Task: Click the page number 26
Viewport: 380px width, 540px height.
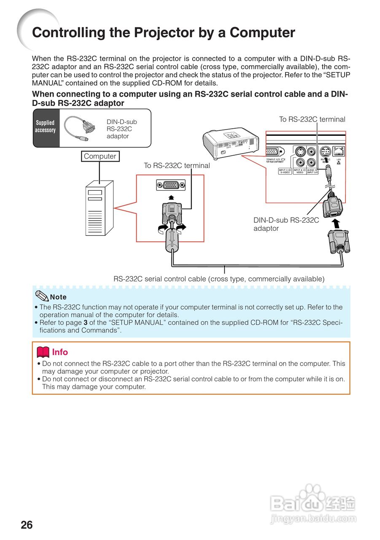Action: tap(27, 525)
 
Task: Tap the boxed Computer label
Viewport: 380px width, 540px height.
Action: tap(100, 156)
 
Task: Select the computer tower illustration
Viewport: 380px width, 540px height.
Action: tap(99, 208)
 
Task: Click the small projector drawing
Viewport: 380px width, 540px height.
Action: tap(230, 144)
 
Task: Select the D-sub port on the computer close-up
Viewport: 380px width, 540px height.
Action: tap(170, 185)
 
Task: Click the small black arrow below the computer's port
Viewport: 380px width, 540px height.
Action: tap(170, 197)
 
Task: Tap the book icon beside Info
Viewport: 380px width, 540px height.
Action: tap(43, 351)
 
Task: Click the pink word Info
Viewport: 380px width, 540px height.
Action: tap(60, 352)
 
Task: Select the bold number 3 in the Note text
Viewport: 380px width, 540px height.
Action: tap(86, 323)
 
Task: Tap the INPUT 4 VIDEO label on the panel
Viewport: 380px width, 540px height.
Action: tap(299, 171)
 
